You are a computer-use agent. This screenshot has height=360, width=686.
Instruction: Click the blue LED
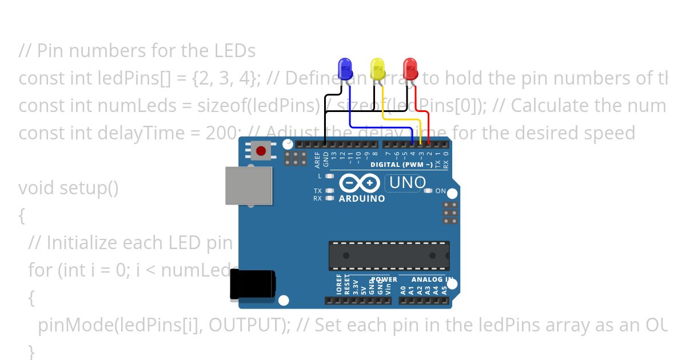345,69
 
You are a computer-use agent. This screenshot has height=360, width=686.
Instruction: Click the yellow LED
377,69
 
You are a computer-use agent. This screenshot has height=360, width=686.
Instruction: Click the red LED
410,69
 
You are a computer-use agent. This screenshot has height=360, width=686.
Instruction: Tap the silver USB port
249,186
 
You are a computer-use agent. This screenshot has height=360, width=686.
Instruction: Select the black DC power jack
252,285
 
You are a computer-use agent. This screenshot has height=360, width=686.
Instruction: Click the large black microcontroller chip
389,255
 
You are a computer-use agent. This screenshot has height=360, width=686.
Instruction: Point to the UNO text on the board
408,183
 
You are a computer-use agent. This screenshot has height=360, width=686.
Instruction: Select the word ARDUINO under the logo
362,199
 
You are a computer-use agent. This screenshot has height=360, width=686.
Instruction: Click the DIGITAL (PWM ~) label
401,165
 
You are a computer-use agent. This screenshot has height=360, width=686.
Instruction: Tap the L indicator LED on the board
329,176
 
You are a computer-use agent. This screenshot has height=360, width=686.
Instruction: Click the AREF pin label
318,159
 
